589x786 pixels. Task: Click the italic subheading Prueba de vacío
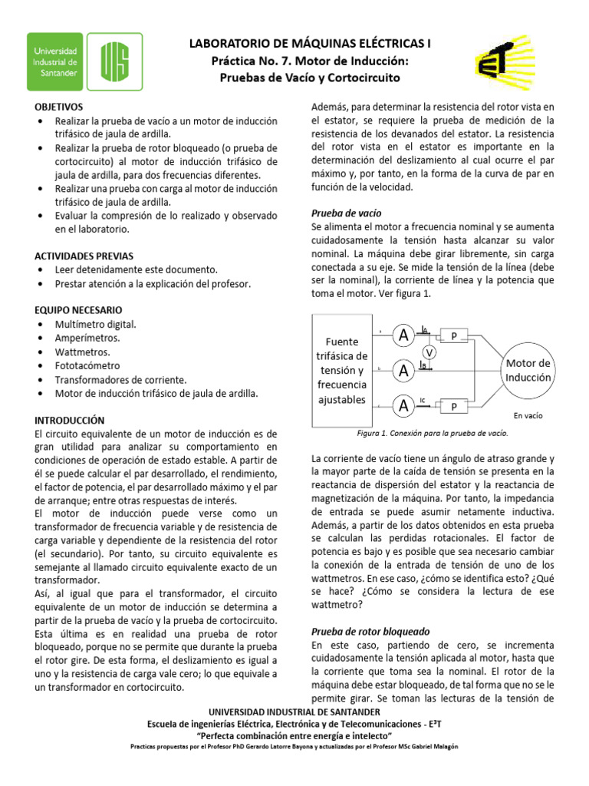pyautogui.click(x=346, y=213)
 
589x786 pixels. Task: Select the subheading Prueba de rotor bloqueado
pyautogui.click(x=370, y=630)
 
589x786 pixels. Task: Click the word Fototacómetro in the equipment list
pyautogui.click(x=87, y=365)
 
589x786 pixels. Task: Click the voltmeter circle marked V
pyautogui.click(x=430, y=352)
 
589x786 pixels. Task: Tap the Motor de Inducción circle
pyautogui.click(x=528, y=371)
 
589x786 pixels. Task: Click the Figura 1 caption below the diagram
pyautogui.click(x=432, y=433)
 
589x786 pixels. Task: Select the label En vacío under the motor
pyautogui.click(x=528, y=415)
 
